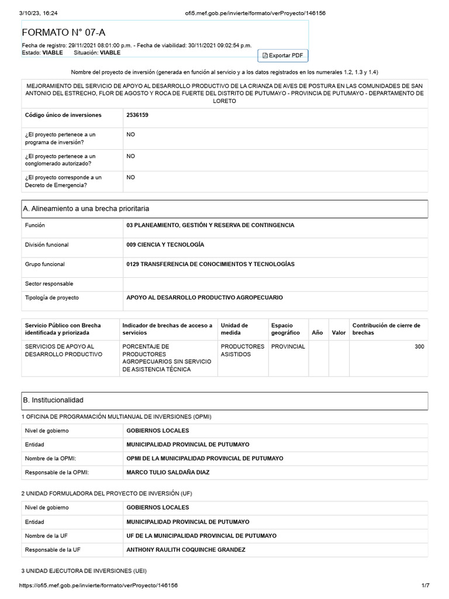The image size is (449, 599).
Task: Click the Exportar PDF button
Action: tap(282, 55)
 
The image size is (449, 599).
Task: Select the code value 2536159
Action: tap(137, 115)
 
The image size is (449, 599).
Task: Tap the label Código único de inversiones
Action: tap(63, 115)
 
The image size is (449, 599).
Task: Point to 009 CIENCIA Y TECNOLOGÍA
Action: tap(165, 245)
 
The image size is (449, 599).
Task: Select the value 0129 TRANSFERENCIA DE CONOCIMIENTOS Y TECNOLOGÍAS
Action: tap(210, 264)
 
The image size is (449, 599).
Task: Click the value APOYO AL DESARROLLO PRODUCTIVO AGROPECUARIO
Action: tap(204, 298)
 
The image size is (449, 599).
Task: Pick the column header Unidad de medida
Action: tap(234, 329)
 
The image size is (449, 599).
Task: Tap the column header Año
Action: tap(317, 332)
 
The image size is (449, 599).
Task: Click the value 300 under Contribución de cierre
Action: tap(419, 347)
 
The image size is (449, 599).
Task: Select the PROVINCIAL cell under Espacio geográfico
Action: tap(288, 347)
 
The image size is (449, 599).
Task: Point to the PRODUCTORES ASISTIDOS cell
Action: tap(242, 350)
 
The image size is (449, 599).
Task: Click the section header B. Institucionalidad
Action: tap(53, 400)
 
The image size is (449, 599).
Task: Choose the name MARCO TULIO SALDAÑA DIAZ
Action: tap(168, 472)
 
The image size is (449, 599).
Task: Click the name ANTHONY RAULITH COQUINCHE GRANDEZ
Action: tap(186, 550)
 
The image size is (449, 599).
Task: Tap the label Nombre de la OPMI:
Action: tap(51, 458)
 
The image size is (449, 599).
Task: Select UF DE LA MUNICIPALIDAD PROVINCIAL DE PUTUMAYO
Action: tap(201, 536)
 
